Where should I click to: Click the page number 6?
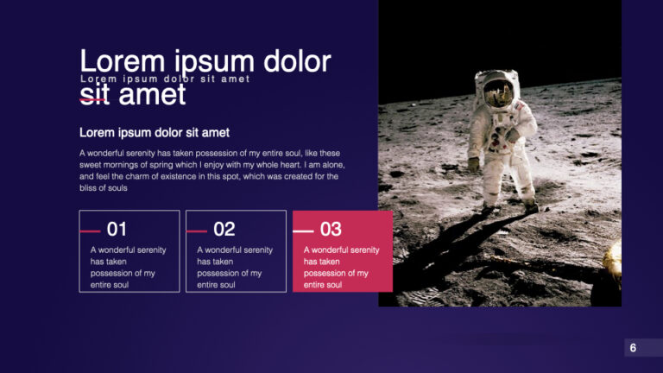pos(633,348)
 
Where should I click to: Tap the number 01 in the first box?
pos(117,230)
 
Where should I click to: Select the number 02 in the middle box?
pos(224,230)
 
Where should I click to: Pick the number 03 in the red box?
pos(331,230)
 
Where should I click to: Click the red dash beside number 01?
pos(90,231)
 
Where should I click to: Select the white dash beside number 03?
pos(303,231)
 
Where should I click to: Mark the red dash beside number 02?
pos(196,231)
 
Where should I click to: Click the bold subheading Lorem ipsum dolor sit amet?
pos(155,133)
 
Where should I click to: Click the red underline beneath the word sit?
pos(94,100)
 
